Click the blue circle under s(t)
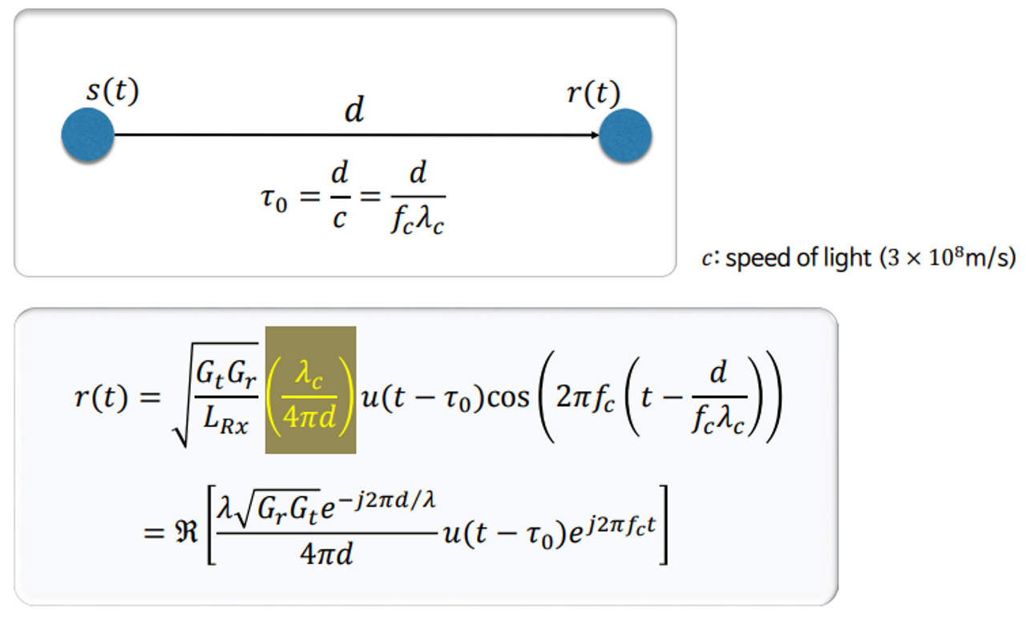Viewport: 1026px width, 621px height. [87, 135]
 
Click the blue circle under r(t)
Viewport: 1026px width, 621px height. [625, 135]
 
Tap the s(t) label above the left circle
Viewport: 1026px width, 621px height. [112, 92]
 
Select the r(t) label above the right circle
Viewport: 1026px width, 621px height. [593, 94]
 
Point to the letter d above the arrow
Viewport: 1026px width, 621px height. [353, 111]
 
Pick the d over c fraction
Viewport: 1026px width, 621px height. [339, 196]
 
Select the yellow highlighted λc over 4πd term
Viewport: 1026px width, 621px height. [311, 390]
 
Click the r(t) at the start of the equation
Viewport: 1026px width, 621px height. [101, 397]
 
